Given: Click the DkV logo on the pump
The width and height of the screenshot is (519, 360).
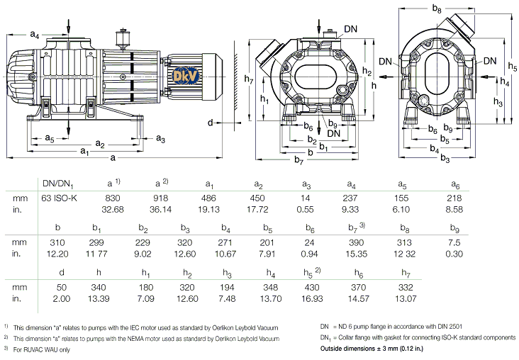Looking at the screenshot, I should (x=180, y=73).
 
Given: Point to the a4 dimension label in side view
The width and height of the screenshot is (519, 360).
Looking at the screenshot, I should (x=39, y=33).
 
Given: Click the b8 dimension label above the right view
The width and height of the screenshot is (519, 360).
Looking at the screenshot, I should (x=437, y=9).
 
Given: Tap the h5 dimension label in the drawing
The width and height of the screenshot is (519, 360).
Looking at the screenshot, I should (x=512, y=65).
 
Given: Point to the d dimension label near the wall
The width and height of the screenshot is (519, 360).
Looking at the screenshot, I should (x=211, y=123).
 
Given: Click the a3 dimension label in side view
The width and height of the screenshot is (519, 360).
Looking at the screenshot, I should (x=161, y=138).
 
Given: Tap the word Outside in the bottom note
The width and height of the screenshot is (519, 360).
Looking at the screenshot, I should (x=335, y=349).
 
